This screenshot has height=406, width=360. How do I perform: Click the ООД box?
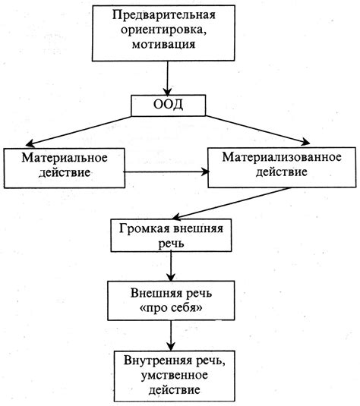click(168, 105)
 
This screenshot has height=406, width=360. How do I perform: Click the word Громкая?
click(140, 230)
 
